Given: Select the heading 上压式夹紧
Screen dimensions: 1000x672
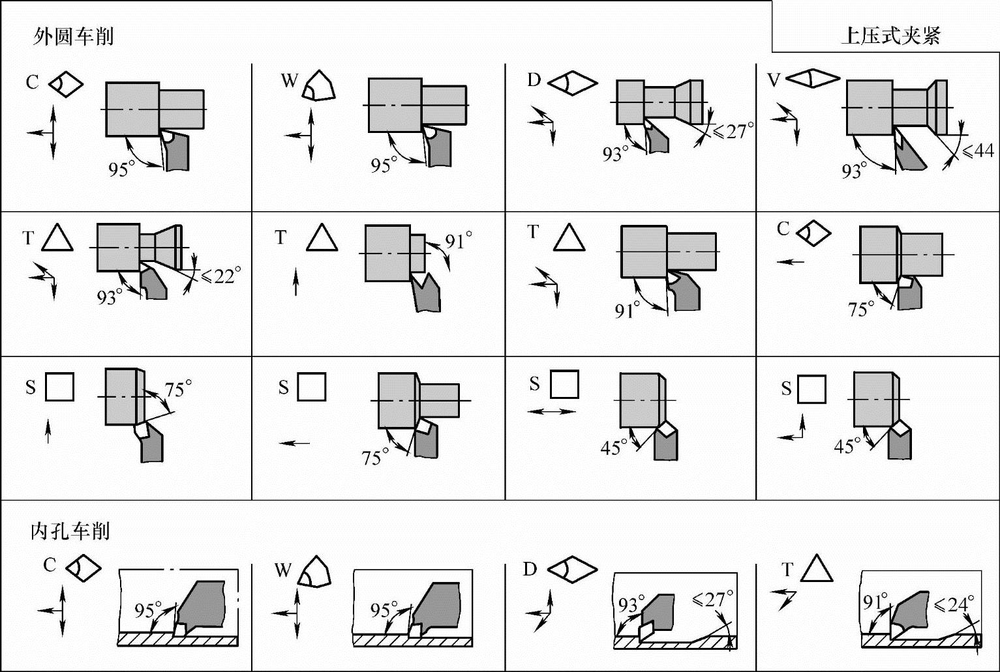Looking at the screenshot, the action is (x=890, y=37).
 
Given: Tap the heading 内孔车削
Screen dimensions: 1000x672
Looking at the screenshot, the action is (x=70, y=532).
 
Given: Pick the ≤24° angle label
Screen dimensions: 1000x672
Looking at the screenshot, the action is (x=954, y=606).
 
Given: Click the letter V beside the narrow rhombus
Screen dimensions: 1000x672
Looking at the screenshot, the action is (x=774, y=80).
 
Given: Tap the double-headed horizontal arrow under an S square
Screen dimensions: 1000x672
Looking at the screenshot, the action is (x=551, y=412).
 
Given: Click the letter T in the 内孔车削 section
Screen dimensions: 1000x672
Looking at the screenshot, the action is (x=787, y=570).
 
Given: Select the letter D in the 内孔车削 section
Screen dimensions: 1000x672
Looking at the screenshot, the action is (x=530, y=570).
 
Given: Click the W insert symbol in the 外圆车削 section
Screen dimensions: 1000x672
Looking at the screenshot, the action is (x=319, y=85).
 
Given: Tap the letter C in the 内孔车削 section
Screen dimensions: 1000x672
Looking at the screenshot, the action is (x=50, y=565).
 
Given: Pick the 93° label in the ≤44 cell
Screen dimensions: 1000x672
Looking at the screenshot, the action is (x=855, y=171).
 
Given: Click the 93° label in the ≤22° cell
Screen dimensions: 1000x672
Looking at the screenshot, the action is (x=110, y=297).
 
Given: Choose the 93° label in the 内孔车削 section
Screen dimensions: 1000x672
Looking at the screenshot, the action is (x=631, y=605).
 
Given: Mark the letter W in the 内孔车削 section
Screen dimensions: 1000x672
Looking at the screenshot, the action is (x=283, y=570).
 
